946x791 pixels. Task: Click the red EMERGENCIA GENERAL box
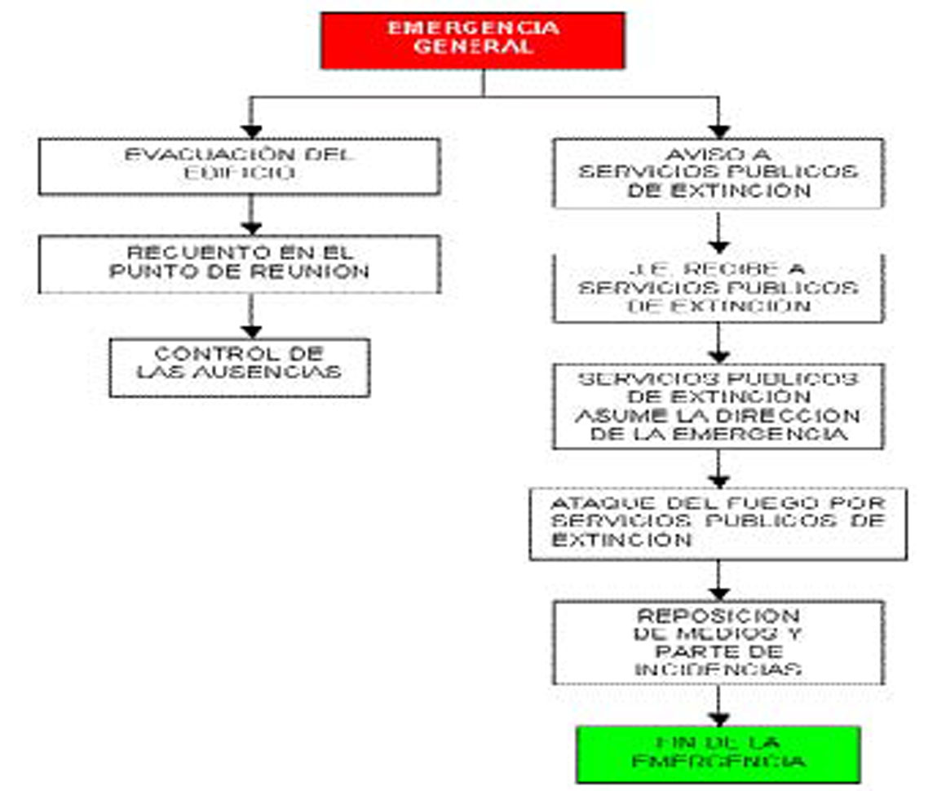click(472, 40)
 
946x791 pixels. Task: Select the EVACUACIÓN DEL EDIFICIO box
click(239, 166)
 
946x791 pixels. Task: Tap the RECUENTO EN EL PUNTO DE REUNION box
click(239, 264)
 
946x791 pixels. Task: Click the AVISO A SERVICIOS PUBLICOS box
click(718, 173)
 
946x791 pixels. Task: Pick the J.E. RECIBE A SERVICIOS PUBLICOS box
click(718, 288)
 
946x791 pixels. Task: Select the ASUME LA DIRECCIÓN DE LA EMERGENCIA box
click(718, 405)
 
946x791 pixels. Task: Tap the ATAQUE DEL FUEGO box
click(718, 523)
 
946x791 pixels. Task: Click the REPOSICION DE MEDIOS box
click(718, 643)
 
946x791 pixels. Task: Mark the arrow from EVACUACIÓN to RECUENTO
click(252, 215)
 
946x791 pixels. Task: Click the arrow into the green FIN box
click(718, 706)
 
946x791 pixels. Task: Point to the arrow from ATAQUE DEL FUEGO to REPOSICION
click(718, 581)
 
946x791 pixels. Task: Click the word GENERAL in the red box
click(472, 47)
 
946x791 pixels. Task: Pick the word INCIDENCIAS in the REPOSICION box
click(718, 669)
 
